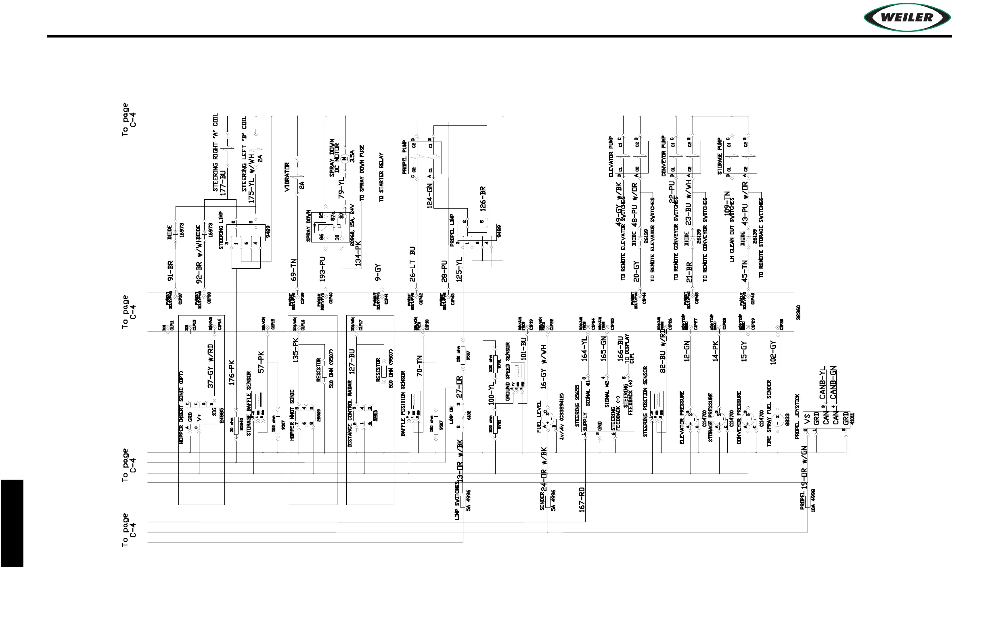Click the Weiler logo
coord(907,17)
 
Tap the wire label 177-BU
coord(223,183)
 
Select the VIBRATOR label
coord(287,177)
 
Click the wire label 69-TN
coord(293,270)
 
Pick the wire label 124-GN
coord(430,195)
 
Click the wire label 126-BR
coord(483,199)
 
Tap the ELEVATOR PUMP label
coord(611,157)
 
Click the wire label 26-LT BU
coord(412,264)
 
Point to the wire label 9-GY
coord(377,273)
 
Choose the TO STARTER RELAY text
coord(381,177)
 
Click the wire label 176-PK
coord(232,373)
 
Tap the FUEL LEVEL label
coord(539,417)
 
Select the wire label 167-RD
coord(582,499)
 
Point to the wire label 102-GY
coord(773,353)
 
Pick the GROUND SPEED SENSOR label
coord(507,372)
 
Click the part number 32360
coord(798,313)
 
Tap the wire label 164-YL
coord(584,349)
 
